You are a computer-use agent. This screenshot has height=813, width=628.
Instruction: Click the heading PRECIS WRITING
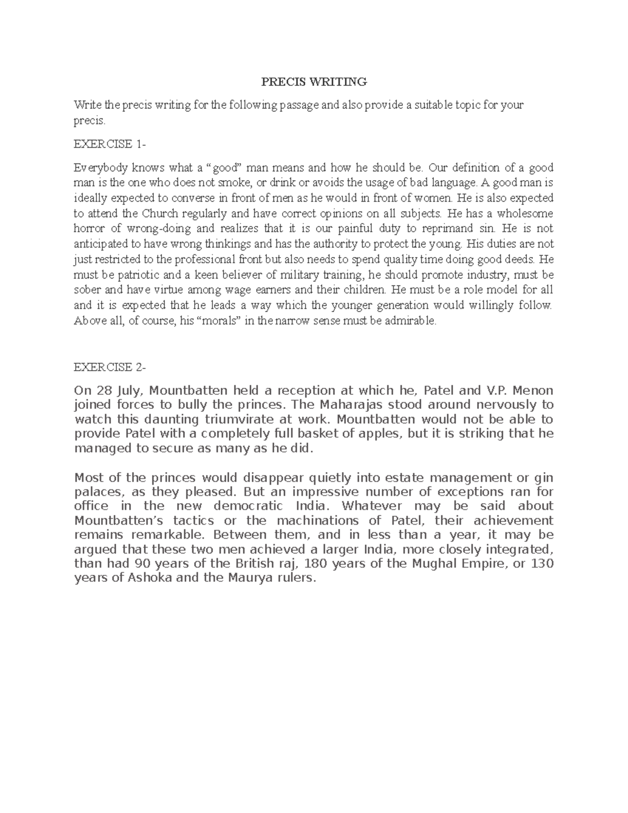coord(314,82)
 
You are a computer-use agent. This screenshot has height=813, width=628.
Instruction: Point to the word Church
coord(161,214)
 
